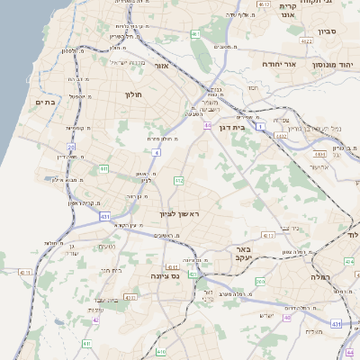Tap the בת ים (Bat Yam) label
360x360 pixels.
[45, 103]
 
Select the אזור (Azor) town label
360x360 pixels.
[162, 66]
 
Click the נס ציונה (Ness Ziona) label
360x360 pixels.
[167, 276]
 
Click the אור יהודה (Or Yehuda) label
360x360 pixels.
[279, 65]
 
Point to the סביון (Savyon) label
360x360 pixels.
[326, 31]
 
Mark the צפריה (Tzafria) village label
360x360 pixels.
[280, 120]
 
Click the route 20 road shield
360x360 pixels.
[71, 146]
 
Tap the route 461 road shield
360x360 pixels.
[195, 34]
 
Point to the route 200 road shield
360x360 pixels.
[259, 282]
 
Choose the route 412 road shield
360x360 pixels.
[179, 182]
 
